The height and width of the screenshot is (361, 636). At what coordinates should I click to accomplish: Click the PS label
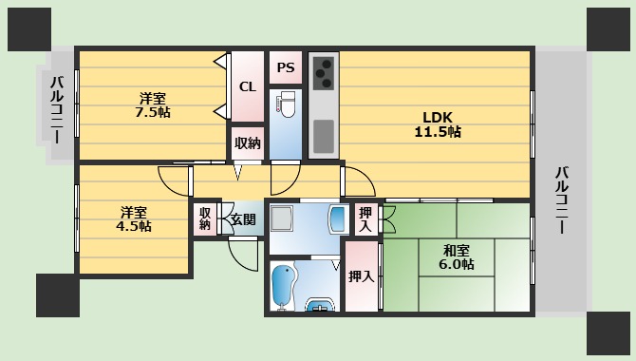286,67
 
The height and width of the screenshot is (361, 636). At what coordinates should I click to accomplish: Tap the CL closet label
248,86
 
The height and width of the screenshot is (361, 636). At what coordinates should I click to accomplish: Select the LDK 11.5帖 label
438,124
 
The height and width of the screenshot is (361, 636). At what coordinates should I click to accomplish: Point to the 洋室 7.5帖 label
153,104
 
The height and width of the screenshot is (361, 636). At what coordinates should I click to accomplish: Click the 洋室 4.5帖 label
134,219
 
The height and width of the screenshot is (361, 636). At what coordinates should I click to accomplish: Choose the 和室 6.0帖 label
456,257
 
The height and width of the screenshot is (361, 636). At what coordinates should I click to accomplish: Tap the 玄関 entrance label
243,219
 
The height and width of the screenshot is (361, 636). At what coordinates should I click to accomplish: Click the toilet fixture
287,104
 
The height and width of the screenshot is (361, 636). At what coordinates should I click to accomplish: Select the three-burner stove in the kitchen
324,73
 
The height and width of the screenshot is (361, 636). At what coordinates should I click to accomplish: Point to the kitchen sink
324,137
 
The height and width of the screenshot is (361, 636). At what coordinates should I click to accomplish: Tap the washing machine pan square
282,218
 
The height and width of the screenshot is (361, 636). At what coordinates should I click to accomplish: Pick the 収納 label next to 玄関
205,218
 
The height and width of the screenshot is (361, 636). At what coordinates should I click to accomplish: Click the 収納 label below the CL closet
248,142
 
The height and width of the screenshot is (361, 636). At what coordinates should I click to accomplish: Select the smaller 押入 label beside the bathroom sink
365,219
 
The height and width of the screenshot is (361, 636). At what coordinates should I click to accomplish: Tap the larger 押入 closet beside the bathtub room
362,276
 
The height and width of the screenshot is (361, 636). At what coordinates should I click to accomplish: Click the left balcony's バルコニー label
57,110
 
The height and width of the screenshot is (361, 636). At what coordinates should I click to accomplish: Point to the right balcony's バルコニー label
562,200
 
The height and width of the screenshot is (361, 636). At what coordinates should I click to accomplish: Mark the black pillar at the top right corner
608,29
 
